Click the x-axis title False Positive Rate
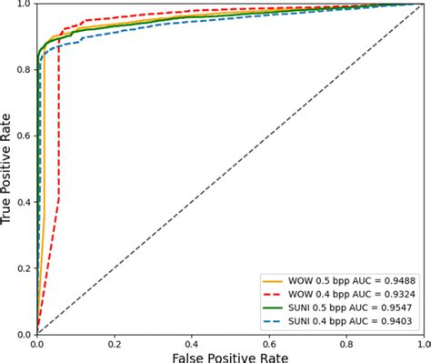pyautogui.click(x=229, y=355)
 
